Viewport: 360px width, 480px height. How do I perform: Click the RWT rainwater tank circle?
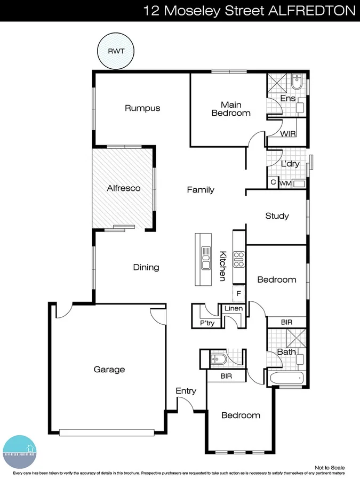pos(116,51)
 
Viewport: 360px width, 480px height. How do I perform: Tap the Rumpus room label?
pos(142,108)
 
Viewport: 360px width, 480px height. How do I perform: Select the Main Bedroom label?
pos(231,109)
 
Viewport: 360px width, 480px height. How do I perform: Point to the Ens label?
pos(287,99)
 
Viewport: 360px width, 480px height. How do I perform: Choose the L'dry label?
pos(290,164)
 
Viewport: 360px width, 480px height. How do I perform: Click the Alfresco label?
pos(124,188)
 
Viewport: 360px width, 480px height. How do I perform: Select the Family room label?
pos(201,190)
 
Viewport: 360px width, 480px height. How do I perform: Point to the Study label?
pos(277,216)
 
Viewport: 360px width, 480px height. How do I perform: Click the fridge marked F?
pos(238,293)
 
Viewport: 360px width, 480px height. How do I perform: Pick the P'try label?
pos(206,323)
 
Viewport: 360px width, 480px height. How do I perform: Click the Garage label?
pos(109,369)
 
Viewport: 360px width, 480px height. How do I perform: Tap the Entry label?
pos(186,391)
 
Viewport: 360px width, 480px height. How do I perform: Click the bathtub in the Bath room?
pos(286,378)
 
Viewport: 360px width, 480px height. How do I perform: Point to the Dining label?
pos(146,267)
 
